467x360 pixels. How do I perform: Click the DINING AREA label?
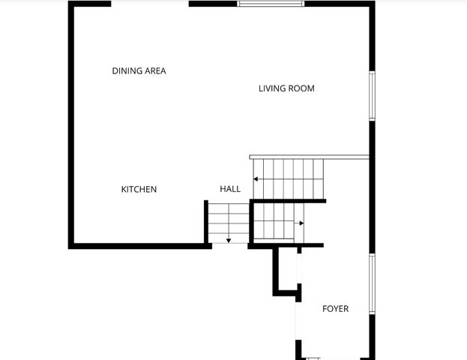coord(139,71)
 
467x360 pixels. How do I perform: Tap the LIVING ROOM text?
coord(286,88)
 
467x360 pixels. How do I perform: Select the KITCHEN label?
coord(139,190)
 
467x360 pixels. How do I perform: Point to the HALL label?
coord(230,189)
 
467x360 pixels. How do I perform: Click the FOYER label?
coord(335,309)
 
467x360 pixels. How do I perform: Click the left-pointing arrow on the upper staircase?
coord(256,179)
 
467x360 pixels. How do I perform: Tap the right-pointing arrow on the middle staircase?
coord(300,223)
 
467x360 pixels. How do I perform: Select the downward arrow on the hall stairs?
coord(228,240)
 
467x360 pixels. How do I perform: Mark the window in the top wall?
coord(271,4)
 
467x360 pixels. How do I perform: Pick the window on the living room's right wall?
coord(371,95)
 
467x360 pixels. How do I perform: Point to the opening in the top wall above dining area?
coord(150,4)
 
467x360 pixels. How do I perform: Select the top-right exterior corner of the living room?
coord(371,4)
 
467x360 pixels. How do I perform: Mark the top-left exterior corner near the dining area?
coord(71,4)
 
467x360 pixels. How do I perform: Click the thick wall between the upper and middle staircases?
coord(289,201)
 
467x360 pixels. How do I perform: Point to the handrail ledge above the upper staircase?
coord(309,157)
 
